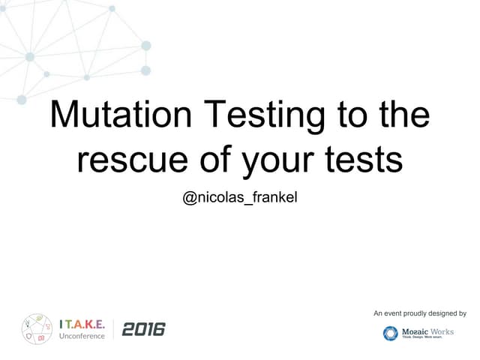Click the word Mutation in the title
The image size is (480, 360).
tap(120, 116)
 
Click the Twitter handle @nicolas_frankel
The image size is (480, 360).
tap(240, 199)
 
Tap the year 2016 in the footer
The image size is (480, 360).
tap(142, 328)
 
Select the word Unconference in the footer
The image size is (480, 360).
tap(82, 335)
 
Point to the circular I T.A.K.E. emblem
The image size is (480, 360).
tap(37, 328)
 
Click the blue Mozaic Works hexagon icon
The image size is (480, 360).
tap(390, 333)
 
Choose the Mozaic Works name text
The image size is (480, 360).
tap(427, 330)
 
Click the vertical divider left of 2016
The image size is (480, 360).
tap(114, 328)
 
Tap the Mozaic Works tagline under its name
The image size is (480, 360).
tap(427, 337)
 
